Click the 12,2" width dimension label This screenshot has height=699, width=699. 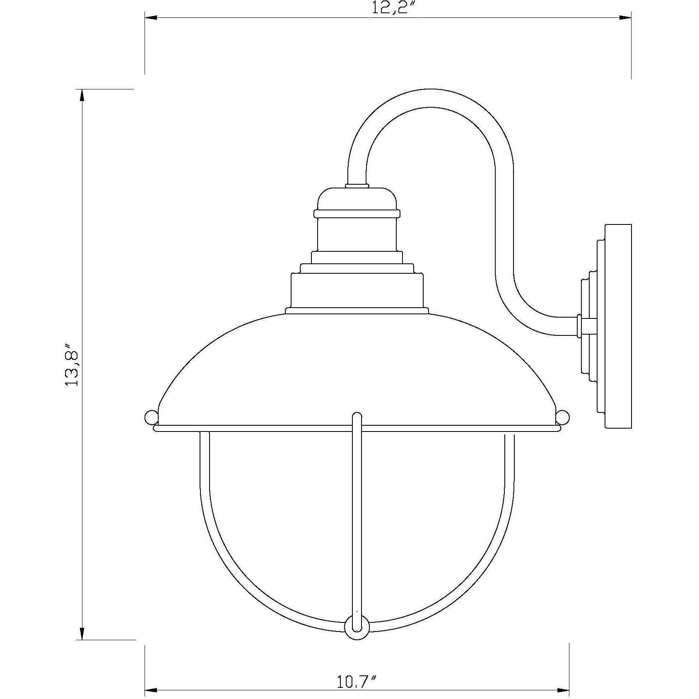(388, 8)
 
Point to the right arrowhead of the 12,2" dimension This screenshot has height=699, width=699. (625, 18)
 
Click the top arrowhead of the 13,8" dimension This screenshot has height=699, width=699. (82, 96)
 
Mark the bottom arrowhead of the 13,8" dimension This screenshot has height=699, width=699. (82, 644)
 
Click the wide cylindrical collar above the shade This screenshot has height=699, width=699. (357, 290)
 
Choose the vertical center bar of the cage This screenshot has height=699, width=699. (357, 518)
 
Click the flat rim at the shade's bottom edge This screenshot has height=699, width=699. (357, 428)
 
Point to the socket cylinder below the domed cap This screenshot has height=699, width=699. (357, 234)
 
